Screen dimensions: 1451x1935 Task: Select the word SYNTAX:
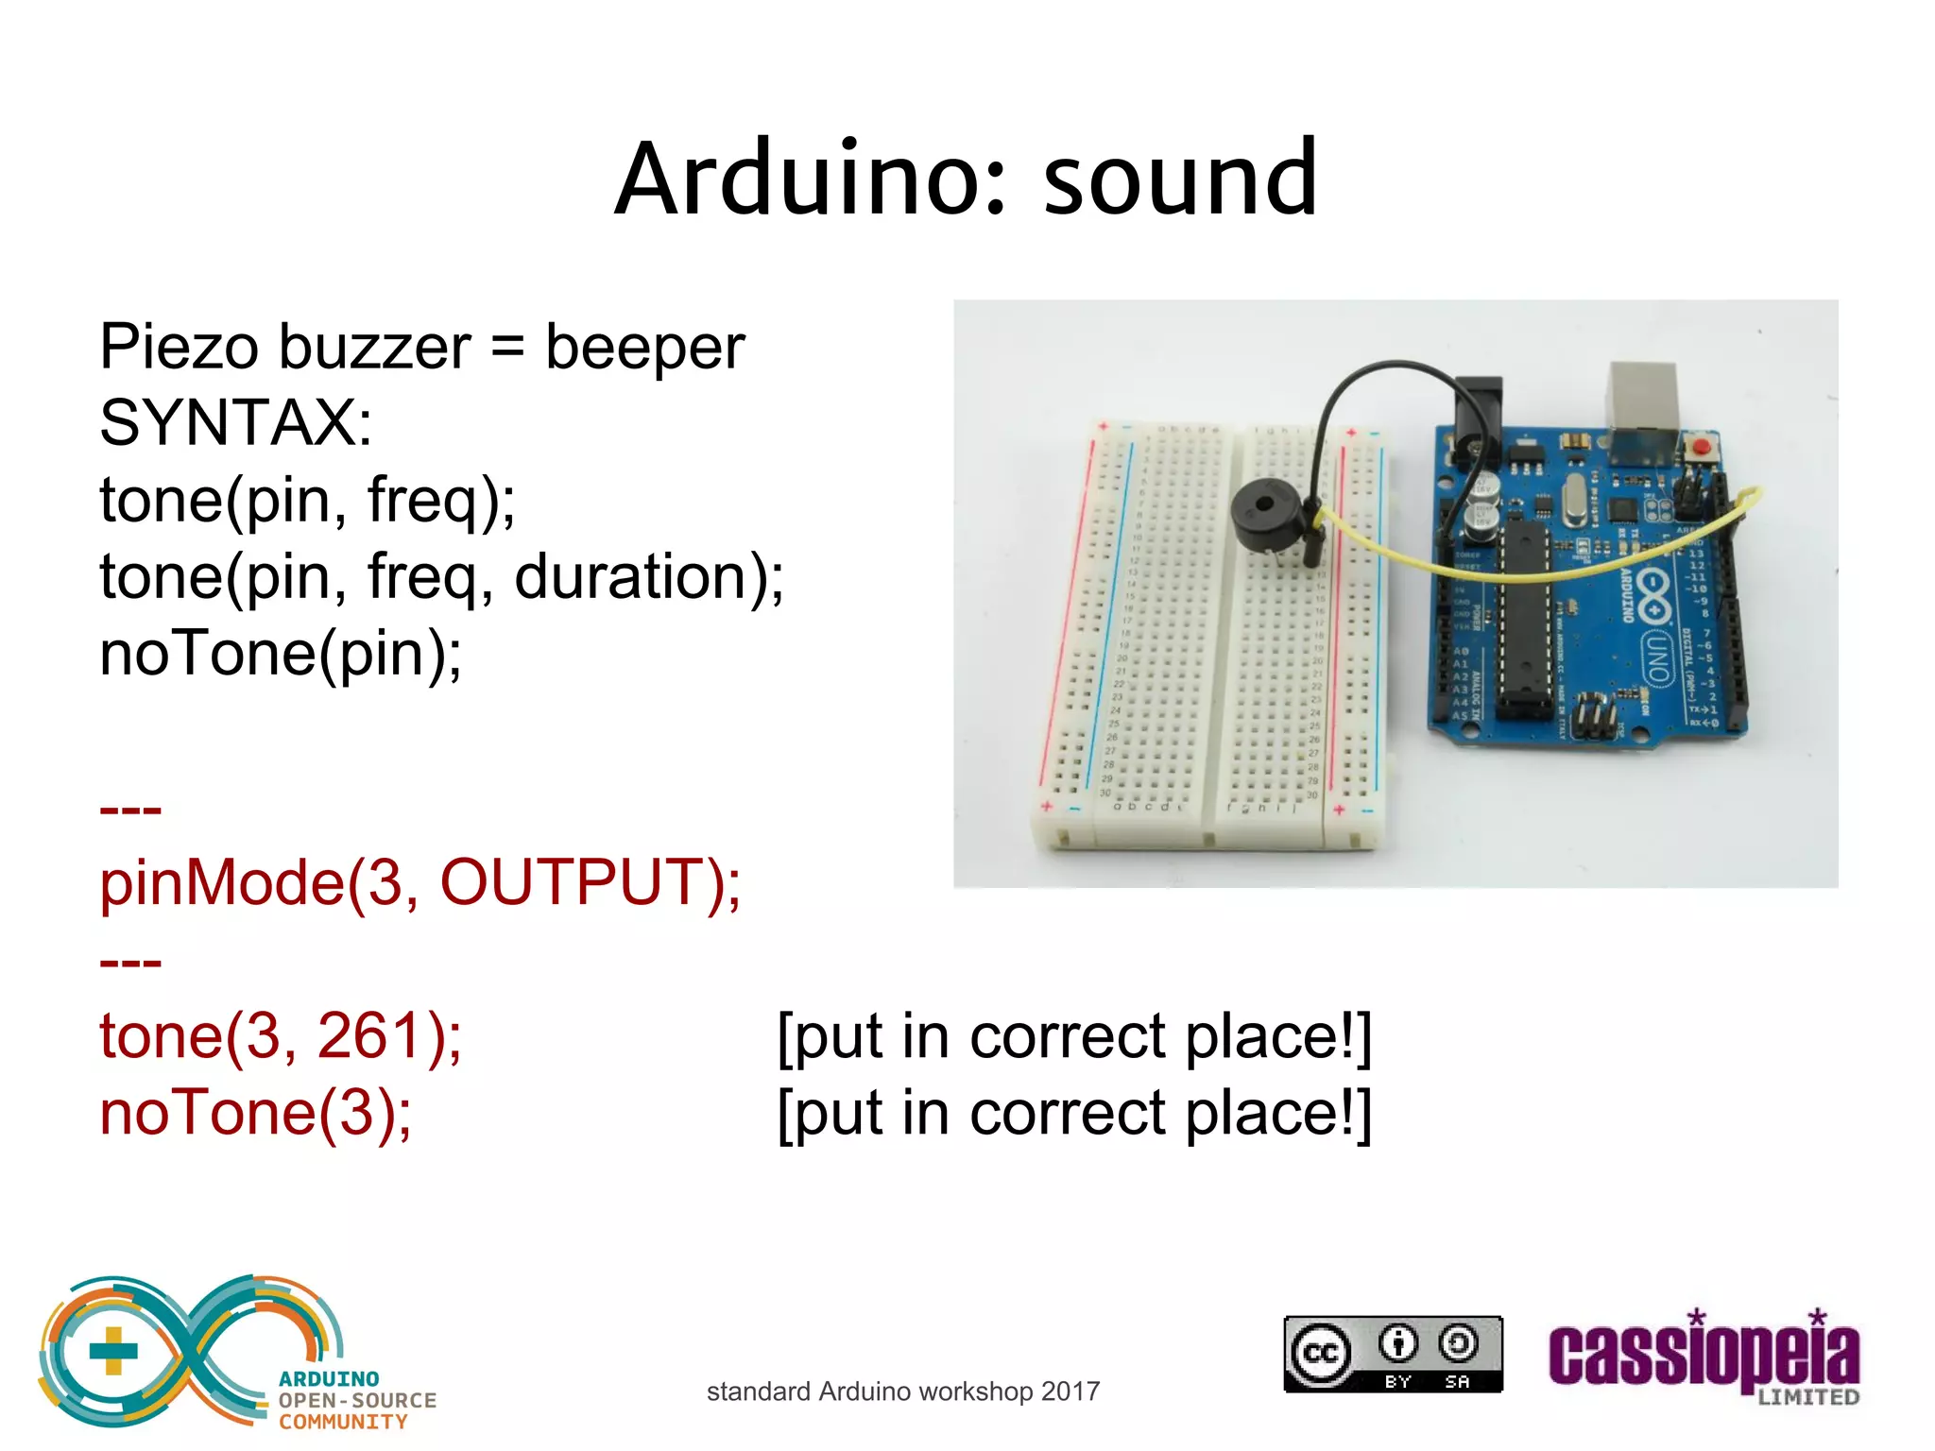click(236, 422)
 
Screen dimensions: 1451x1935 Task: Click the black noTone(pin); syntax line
click(281, 653)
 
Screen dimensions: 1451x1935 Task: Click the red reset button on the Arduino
click(1701, 446)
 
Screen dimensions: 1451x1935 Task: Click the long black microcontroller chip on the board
click(1523, 619)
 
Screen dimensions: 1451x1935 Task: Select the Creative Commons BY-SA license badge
click(1393, 1354)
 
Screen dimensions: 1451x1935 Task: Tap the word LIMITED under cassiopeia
click(1807, 1397)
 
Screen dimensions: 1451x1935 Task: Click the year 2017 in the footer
click(1070, 1391)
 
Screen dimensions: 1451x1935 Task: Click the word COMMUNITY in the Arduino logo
click(343, 1423)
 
